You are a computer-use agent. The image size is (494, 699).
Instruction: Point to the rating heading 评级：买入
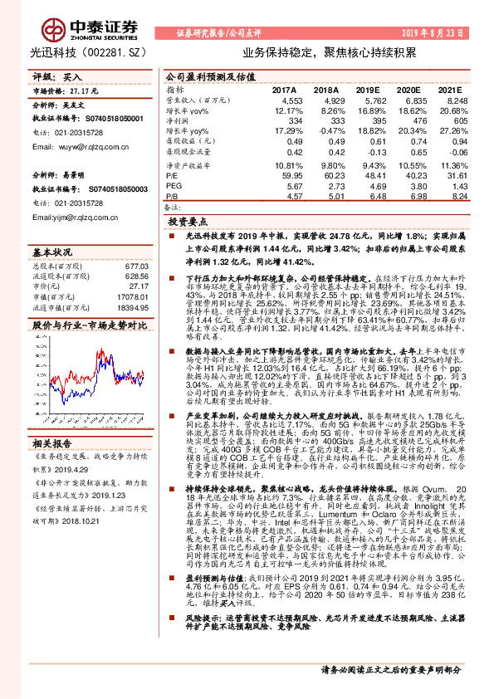[51, 76]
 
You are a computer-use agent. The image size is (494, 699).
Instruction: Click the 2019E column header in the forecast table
[368, 89]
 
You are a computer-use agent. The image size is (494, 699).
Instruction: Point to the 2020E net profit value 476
[413, 120]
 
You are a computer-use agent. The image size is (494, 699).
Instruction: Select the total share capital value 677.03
[134, 266]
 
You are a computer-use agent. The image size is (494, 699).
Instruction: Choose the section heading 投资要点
[188, 222]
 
